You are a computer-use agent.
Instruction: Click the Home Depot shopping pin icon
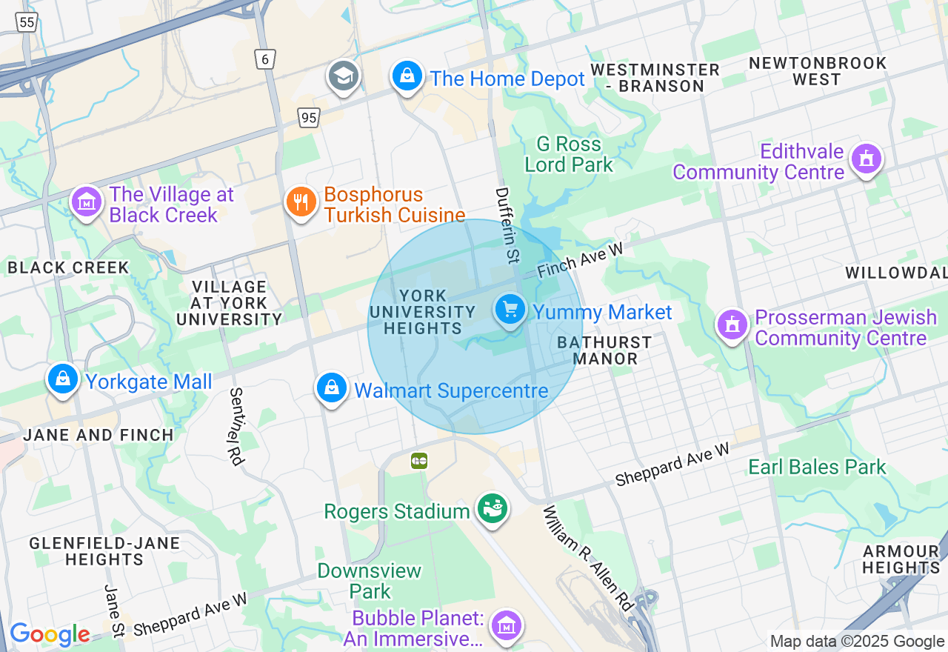coord(407,76)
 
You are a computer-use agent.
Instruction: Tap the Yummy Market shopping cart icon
coord(510,309)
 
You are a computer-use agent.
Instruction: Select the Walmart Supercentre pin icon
coord(332,387)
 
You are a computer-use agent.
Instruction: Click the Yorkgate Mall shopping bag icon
coord(63,379)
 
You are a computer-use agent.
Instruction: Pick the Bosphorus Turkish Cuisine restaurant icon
coord(301,202)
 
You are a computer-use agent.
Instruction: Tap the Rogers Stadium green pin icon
coord(492,509)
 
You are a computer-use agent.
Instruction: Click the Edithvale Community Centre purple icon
coord(866,159)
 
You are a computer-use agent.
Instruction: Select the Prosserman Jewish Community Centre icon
coord(732,325)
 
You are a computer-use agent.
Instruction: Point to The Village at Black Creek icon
coord(87,202)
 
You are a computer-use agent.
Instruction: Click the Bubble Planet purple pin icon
coord(507,625)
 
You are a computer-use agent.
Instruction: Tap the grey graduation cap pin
coord(344,76)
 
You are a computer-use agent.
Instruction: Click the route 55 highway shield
coord(27,22)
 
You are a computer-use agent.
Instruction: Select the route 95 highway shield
coord(309,117)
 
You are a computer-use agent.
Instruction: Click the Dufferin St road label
coord(508,225)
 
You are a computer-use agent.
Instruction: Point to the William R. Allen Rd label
coord(590,559)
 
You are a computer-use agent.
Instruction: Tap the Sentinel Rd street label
coord(237,427)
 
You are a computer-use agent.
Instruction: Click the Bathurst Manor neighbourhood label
coord(604,350)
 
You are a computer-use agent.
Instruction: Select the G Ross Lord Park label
coord(569,154)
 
